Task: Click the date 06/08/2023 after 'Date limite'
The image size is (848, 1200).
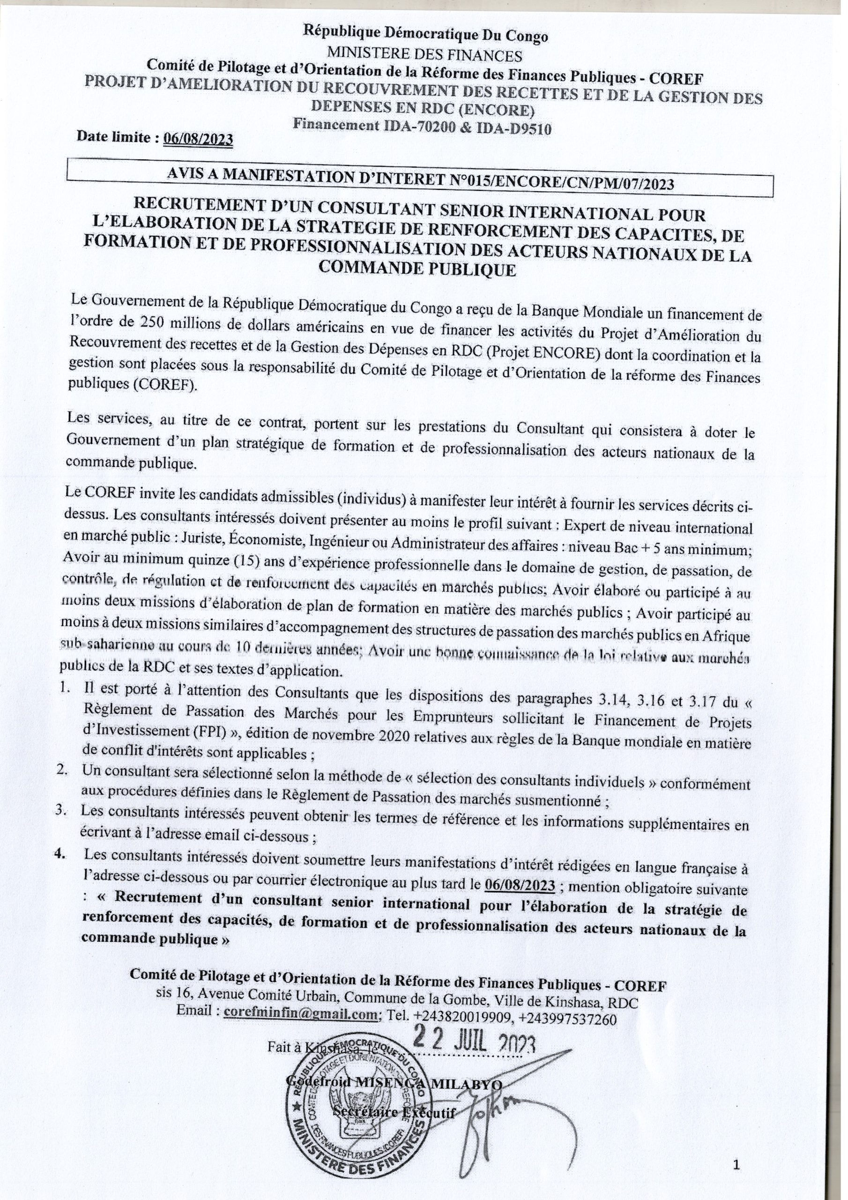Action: (198, 138)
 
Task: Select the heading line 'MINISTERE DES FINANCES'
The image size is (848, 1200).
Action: (424, 55)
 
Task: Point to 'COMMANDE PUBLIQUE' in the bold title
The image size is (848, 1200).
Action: (417, 270)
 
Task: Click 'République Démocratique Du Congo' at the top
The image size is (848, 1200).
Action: (426, 36)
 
